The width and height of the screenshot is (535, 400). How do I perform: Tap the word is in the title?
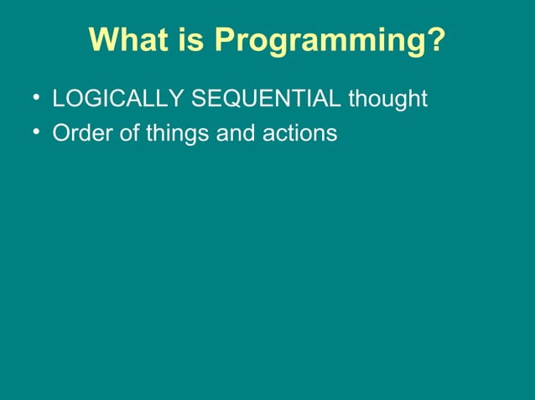click(x=187, y=39)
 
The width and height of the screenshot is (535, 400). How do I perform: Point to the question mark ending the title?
click(x=437, y=39)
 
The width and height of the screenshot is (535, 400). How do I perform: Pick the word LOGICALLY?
click(x=118, y=100)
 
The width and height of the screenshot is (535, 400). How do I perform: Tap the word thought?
click(x=387, y=100)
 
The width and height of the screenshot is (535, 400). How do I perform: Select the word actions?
click(x=299, y=133)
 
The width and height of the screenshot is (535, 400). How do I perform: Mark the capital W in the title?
click(x=102, y=39)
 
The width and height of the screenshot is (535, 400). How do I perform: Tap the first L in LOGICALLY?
click(x=58, y=100)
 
